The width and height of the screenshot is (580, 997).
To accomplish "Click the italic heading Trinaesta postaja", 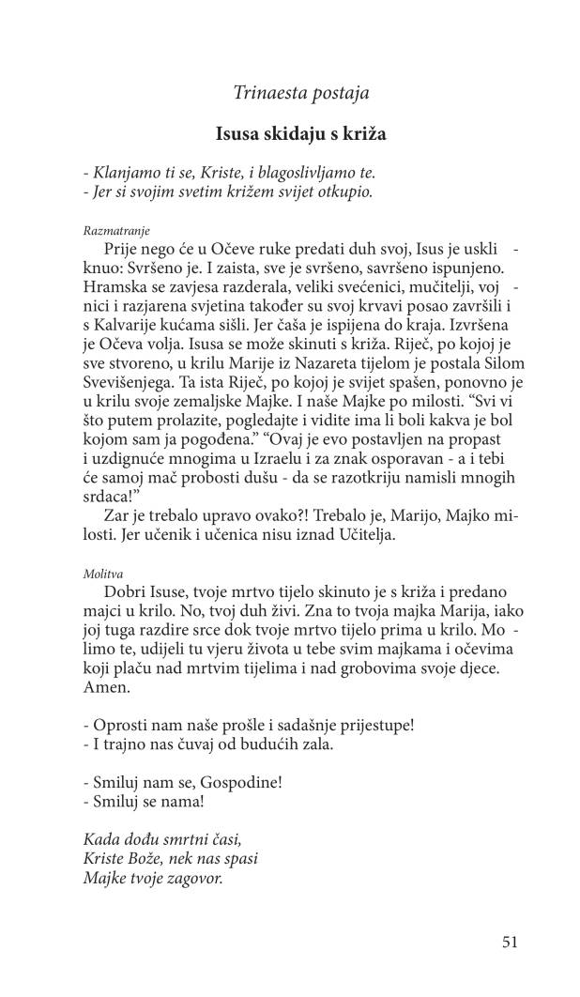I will pos(299,92).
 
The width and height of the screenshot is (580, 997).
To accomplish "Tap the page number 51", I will pos(510,942).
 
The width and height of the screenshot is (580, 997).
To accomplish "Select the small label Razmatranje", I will pos(116,230).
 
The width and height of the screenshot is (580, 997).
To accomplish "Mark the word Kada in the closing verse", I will pos(101,838).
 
